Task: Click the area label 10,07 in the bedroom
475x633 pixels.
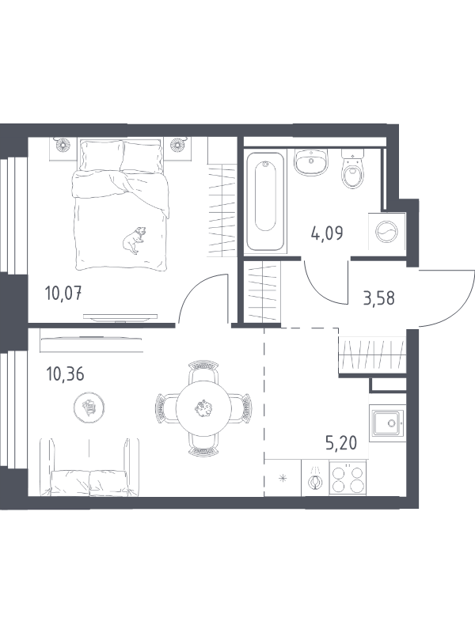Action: click(x=64, y=293)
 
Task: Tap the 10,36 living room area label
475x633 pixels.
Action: click(x=65, y=374)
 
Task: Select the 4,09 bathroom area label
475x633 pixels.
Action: click(x=327, y=233)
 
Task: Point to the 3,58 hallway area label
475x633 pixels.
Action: click(x=378, y=298)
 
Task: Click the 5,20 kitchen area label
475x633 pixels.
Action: click(x=341, y=443)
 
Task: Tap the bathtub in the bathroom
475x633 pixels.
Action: click(x=265, y=202)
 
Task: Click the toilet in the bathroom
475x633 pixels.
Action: click(x=352, y=169)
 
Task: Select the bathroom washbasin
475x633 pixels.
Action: click(x=310, y=162)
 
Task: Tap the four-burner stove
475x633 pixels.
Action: click(x=348, y=479)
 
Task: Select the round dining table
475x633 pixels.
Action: click(x=203, y=408)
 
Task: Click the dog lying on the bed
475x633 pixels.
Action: click(x=134, y=241)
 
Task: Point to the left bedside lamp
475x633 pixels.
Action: click(x=63, y=144)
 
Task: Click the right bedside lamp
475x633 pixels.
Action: click(x=177, y=144)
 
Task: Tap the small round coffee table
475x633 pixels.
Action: click(x=89, y=407)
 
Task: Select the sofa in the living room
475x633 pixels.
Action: click(x=89, y=468)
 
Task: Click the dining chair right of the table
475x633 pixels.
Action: click(x=244, y=408)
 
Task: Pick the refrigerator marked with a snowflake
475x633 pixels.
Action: click(x=283, y=479)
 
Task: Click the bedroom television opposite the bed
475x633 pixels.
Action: click(x=120, y=318)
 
